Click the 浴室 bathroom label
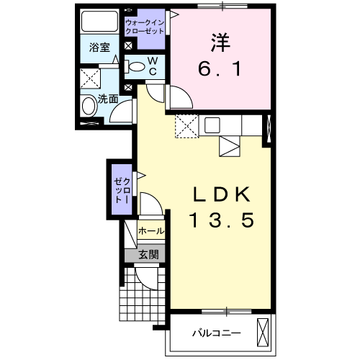[x=100, y=48]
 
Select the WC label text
[x=153, y=67]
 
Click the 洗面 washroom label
[x=109, y=99]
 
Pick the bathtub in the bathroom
[x=100, y=21]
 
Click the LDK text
[x=222, y=194]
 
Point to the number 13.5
[x=222, y=220]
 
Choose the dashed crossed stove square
[x=186, y=126]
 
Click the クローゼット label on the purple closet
[x=120, y=188]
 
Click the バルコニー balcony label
[x=215, y=333]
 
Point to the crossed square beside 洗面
[x=90, y=78]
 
